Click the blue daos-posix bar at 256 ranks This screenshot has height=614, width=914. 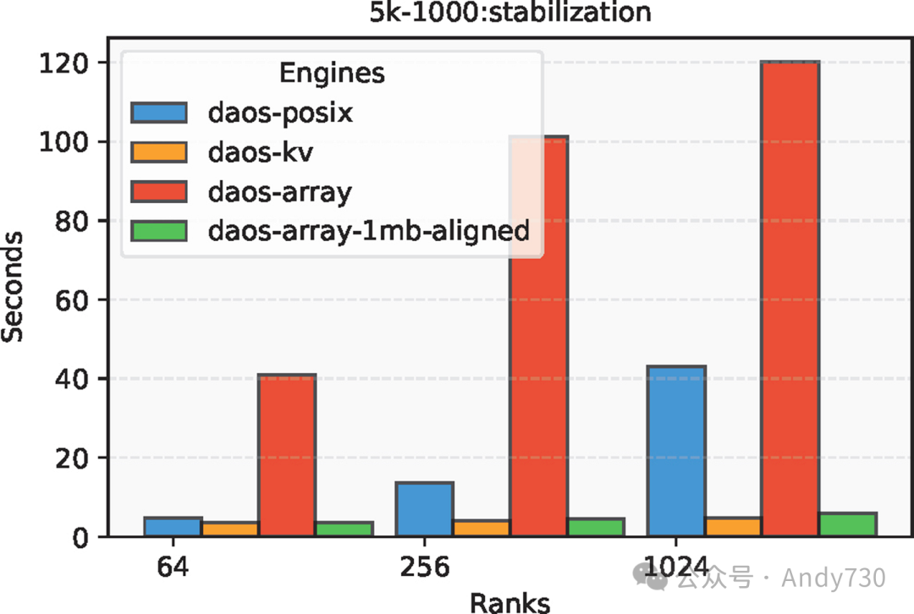[424, 508]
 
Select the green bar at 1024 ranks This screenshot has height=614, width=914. [847, 524]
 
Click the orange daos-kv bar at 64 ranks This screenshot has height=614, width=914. [229, 529]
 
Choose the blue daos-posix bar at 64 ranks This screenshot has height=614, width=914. [173, 526]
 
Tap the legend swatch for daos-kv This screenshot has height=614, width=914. [158, 151]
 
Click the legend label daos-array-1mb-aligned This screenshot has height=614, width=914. [369, 229]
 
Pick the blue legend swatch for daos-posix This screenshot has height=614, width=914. [158, 112]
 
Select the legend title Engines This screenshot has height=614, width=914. [332, 74]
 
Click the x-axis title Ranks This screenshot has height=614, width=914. [509, 601]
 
